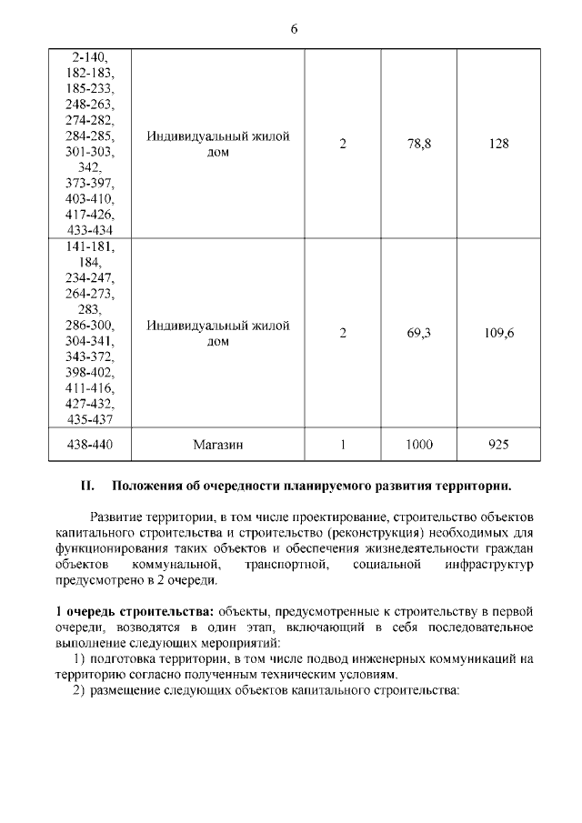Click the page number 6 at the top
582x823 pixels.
(x=294, y=28)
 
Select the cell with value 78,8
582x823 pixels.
(x=419, y=144)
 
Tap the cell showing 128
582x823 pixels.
(x=498, y=144)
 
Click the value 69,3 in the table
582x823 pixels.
(x=419, y=333)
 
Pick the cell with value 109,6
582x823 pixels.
(x=498, y=333)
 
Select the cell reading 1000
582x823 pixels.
(x=419, y=445)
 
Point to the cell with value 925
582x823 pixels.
(x=498, y=445)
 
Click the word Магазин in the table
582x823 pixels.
(x=218, y=445)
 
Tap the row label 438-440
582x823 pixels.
(x=90, y=445)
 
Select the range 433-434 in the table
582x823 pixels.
(x=90, y=230)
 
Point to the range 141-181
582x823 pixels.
(x=90, y=246)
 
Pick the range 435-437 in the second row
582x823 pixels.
(x=90, y=419)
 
